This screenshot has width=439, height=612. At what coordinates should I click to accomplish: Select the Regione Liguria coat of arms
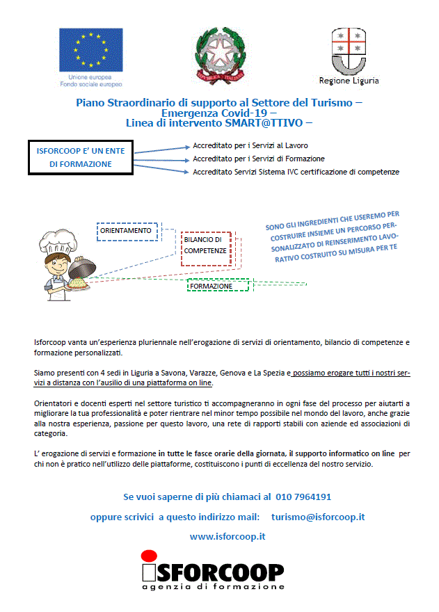coord(348,50)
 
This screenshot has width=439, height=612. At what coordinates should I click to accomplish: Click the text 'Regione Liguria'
coord(349,81)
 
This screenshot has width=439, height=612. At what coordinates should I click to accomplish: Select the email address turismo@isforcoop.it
coord(319,517)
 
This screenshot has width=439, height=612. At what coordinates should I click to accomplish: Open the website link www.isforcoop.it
coord(228,536)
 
